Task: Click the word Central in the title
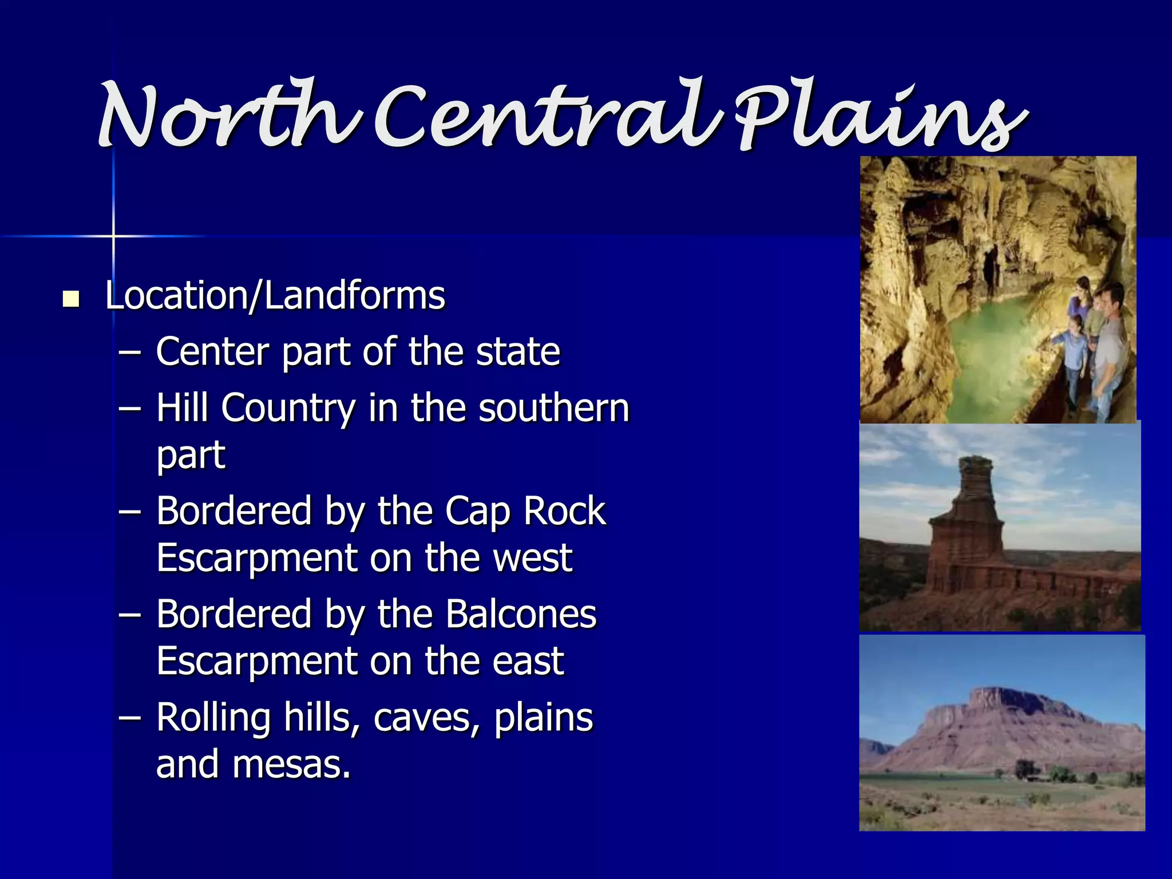tap(544, 117)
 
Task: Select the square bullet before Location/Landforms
tap(71, 299)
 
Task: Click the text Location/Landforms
tap(275, 296)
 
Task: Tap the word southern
tap(553, 409)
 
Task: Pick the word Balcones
tap(521, 613)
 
